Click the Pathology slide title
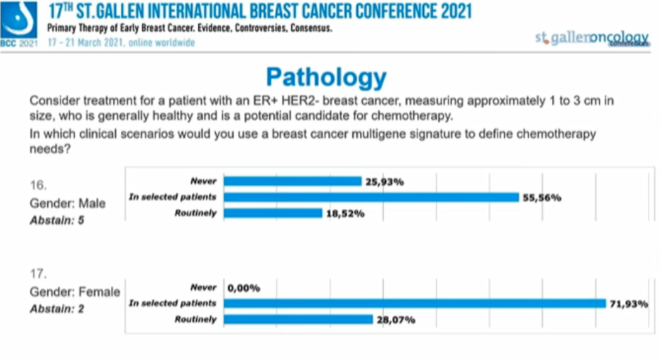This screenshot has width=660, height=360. (326, 77)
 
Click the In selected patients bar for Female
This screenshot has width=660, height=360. (415, 303)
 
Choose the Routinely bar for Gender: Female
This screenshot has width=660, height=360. (298, 319)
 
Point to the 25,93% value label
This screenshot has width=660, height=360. (384, 181)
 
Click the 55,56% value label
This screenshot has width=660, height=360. (541, 198)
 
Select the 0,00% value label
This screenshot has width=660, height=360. (244, 288)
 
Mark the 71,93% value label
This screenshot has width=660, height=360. (628, 304)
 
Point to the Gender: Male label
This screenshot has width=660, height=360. (67, 203)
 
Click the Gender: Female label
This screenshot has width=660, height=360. (75, 292)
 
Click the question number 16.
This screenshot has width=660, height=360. (38, 186)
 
